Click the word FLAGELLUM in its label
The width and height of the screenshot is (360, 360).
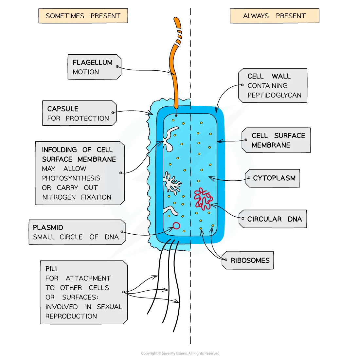pyautogui.click(x=92, y=63)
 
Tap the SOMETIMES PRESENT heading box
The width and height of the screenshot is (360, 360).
pyautogui.click(x=83, y=16)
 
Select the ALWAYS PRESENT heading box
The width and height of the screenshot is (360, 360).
pyautogui.click(x=274, y=16)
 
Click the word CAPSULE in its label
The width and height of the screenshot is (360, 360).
pyautogui.click(x=63, y=109)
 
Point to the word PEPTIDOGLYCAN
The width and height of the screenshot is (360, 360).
pyautogui.click(x=274, y=95)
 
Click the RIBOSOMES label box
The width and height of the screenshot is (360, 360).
pyautogui.click(x=250, y=261)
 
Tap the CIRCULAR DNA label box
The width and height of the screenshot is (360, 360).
pyautogui.click(x=274, y=219)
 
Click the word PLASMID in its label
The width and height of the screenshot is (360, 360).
pyautogui.click(x=48, y=227)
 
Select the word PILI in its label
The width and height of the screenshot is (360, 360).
pyautogui.click(x=51, y=269)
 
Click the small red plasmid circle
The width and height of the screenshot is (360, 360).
pyautogui.click(x=176, y=225)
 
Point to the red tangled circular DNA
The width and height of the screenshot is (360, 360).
pyautogui.click(x=203, y=198)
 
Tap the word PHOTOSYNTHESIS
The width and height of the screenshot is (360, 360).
pyautogui.click(x=71, y=178)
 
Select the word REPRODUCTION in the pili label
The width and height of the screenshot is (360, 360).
pyautogui.click(x=71, y=316)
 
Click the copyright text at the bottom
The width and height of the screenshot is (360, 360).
pyautogui.click(x=180, y=353)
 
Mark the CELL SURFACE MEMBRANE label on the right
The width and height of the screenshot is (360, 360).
pyautogui.click(x=278, y=140)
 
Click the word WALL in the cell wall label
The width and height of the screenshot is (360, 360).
pyautogui.click(x=281, y=76)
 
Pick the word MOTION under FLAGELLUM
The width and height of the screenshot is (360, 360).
pyautogui.click(x=86, y=72)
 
